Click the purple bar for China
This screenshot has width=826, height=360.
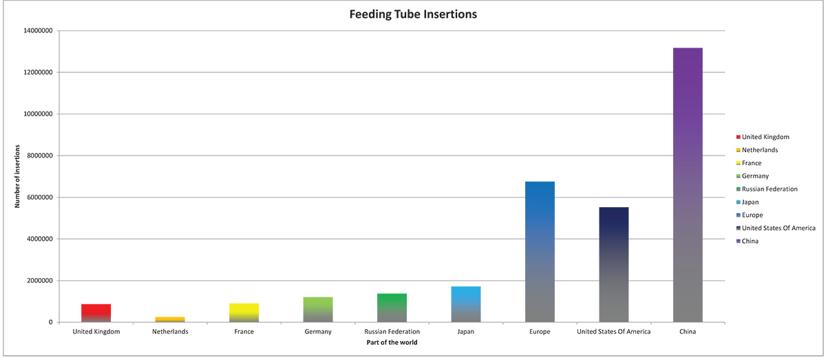688,184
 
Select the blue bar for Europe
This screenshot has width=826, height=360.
540,252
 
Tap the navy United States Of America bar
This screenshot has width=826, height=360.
614,264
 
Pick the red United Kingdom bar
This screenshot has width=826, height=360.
96,313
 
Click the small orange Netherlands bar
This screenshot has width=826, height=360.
170,319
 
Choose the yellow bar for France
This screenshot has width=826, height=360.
244,313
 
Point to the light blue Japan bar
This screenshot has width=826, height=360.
466,304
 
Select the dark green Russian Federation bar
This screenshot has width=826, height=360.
392,308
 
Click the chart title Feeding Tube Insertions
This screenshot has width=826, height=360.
413,14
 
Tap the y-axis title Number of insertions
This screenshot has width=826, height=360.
17,176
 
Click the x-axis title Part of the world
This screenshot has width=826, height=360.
392,342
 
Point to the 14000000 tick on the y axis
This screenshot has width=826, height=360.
38,30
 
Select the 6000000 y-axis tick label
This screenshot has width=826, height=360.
40,198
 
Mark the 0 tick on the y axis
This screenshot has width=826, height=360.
50,322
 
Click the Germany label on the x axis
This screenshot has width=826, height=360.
318,332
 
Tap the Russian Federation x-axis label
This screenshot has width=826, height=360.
392,332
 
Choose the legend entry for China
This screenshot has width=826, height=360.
747,241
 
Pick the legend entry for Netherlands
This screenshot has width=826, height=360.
757,150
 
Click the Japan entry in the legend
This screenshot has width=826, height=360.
748,202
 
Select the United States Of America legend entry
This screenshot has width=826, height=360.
776,229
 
